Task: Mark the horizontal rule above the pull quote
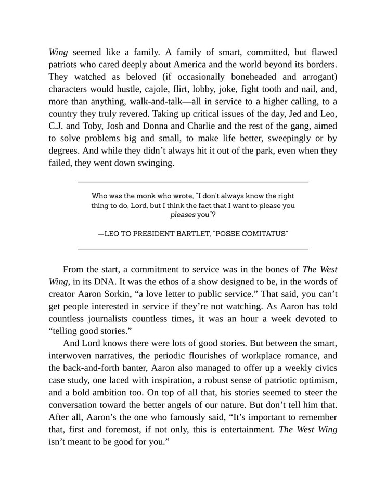click(192, 181)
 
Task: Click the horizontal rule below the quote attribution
click(192, 248)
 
